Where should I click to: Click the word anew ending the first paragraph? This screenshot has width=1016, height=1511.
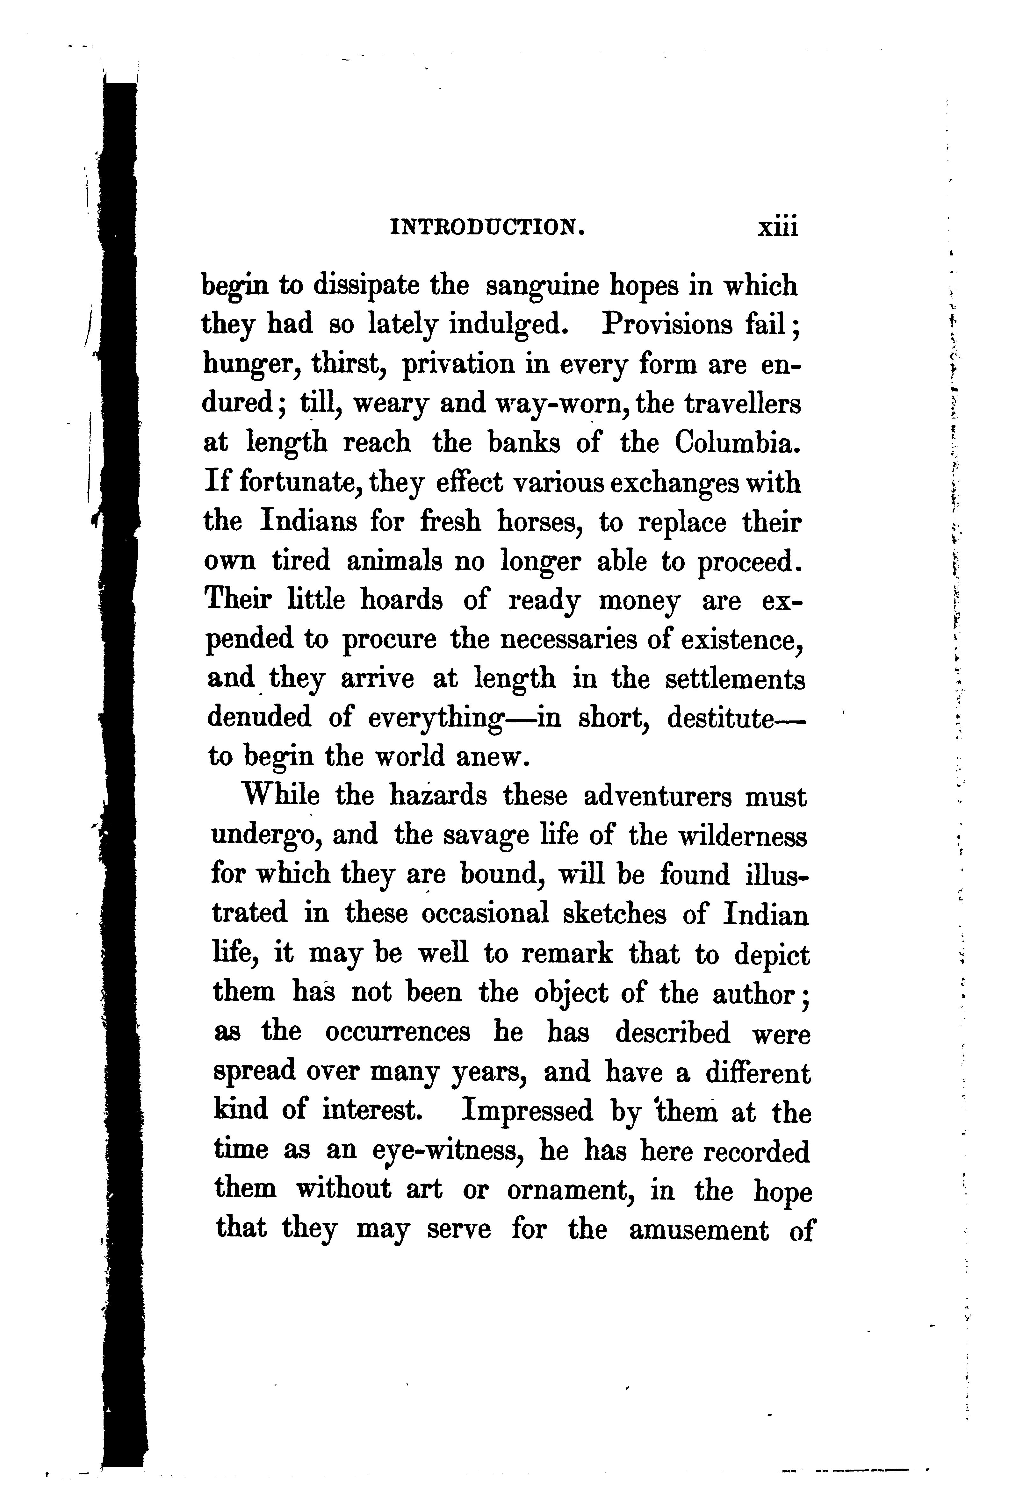click(493, 756)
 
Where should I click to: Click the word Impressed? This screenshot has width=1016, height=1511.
click(527, 1111)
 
